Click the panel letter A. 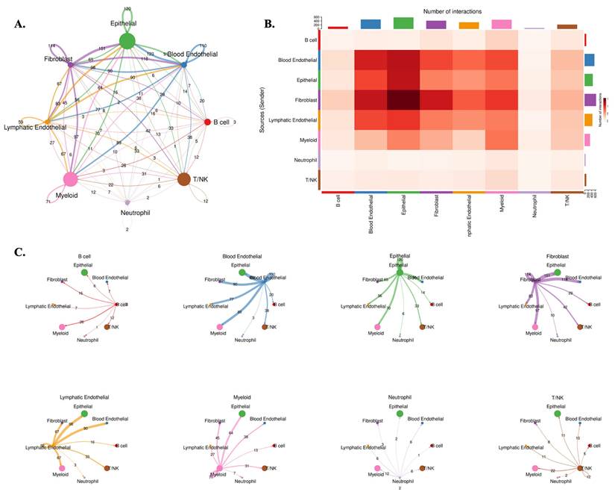pos(20,25)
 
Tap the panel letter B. pos(270,25)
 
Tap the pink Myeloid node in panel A pos(71,179)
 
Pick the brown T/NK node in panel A pos(184,178)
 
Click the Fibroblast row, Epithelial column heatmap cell pos(403,98)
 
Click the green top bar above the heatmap pos(403,23)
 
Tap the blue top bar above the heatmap pos(370,25)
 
